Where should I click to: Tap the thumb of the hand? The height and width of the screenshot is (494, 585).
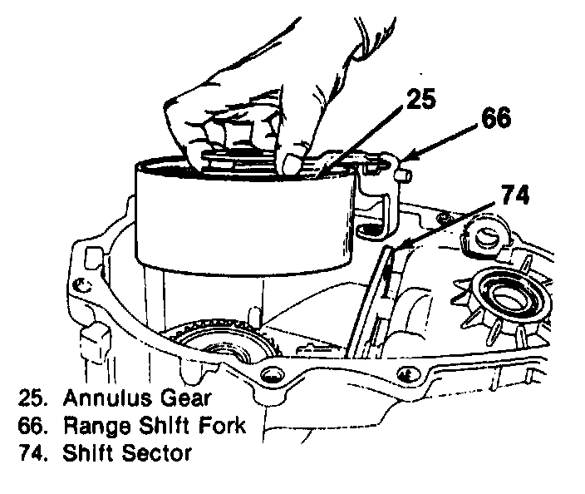[293, 159]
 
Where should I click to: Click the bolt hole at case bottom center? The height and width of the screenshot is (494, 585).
[273, 376]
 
